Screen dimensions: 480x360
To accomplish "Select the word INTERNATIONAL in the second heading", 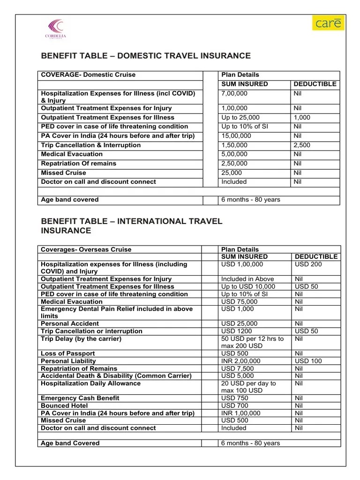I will tap(168, 221).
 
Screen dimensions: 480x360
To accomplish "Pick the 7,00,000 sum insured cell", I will tap(234, 93).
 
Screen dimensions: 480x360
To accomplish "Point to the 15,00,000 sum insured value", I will tap(236, 136).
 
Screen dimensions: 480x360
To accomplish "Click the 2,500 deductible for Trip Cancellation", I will tap(301, 145).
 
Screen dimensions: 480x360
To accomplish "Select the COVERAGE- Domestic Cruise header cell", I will tap(88, 75).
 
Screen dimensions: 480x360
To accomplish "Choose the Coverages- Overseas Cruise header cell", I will tap(86, 249).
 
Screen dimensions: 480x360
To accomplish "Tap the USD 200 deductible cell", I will tap(307, 264).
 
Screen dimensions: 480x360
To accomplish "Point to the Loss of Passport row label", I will tap(68, 353).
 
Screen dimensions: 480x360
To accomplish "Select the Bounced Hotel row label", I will tap(64, 405).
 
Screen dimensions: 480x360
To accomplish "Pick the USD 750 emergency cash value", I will tap(235, 398).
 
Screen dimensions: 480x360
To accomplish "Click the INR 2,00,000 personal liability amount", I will tap(240, 361).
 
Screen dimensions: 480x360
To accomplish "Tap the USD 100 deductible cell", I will tap(307, 361).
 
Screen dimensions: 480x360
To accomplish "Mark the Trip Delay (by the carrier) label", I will tap(81, 338).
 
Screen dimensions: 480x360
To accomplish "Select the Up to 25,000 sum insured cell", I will tap(240, 118).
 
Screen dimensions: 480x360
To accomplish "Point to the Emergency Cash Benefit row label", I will tap(80, 398).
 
